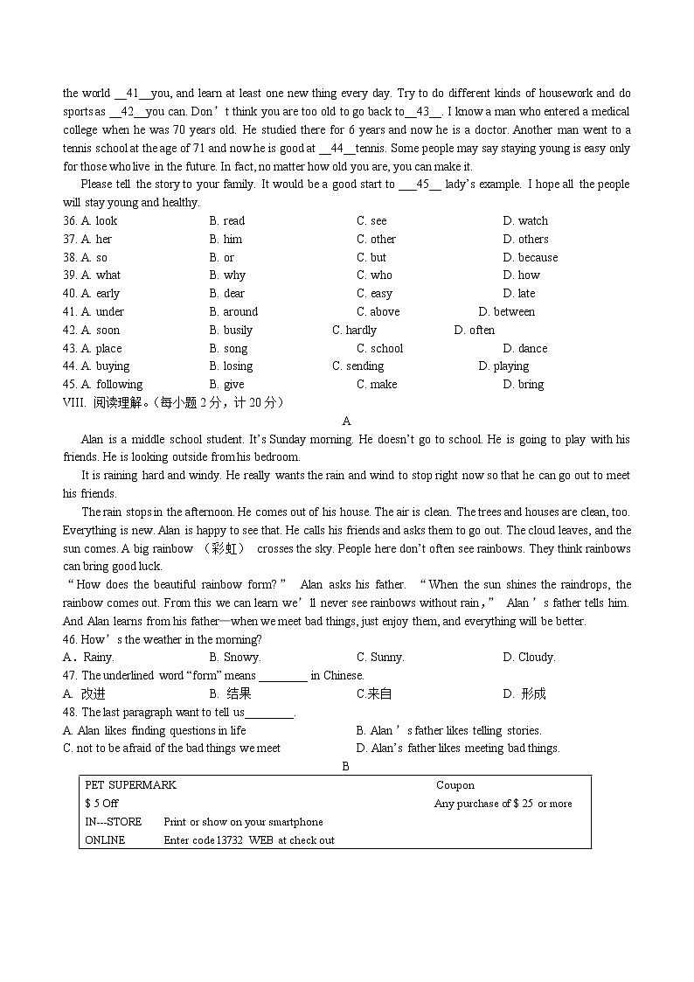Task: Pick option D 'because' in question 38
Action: pos(530,257)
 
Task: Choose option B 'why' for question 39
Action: pos(227,275)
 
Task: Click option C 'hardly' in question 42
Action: pos(354,331)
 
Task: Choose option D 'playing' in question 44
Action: pos(503,366)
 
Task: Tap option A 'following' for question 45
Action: pos(112,385)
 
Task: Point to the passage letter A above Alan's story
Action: pos(346,421)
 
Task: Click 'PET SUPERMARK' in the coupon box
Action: pos(130,785)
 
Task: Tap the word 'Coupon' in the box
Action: pos(455,785)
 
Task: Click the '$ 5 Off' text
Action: pos(101,804)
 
